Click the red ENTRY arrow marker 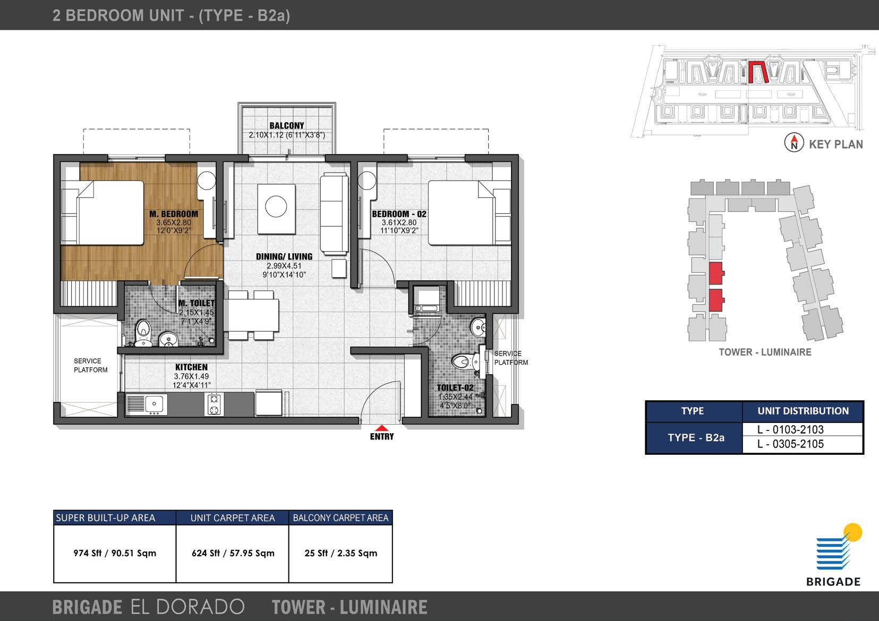click(x=381, y=428)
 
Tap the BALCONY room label click(x=286, y=126)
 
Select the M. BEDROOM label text click(x=174, y=214)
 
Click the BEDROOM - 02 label click(x=399, y=214)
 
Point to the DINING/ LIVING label click(x=284, y=256)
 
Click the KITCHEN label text click(x=191, y=367)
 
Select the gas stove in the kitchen click(x=214, y=404)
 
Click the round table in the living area click(x=276, y=206)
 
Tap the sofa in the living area click(x=334, y=214)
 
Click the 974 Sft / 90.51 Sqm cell click(x=115, y=553)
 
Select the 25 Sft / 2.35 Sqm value click(x=340, y=553)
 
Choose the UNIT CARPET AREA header click(x=233, y=518)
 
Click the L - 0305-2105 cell click(x=791, y=444)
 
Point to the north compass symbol click(x=794, y=143)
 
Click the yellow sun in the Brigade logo click(x=853, y=532)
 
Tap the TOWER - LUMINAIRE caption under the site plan click(x=765, y=352)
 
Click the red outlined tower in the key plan click(x=758, y=72)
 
